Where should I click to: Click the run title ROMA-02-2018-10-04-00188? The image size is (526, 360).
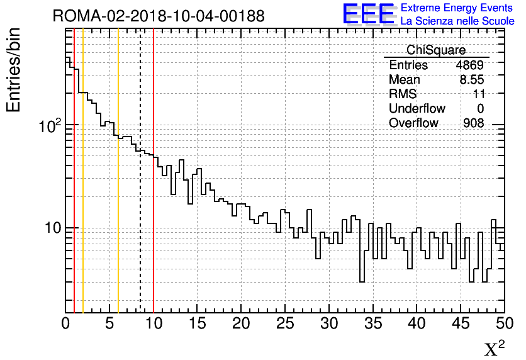[159, 16]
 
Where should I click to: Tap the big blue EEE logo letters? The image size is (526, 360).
[368, 14]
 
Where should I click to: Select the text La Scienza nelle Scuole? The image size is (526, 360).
[457, 21]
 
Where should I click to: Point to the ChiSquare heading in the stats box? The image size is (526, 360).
[436, 50]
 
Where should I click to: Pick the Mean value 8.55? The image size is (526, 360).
[471, 80]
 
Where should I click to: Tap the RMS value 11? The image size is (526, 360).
[478, 94]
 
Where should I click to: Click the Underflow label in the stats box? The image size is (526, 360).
[417, 109]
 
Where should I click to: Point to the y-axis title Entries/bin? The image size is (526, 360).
[14, 70]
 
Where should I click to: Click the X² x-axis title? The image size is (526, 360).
[495, 348]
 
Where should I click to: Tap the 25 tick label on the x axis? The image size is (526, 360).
[285, 323]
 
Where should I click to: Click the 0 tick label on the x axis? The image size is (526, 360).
[65, 323]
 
